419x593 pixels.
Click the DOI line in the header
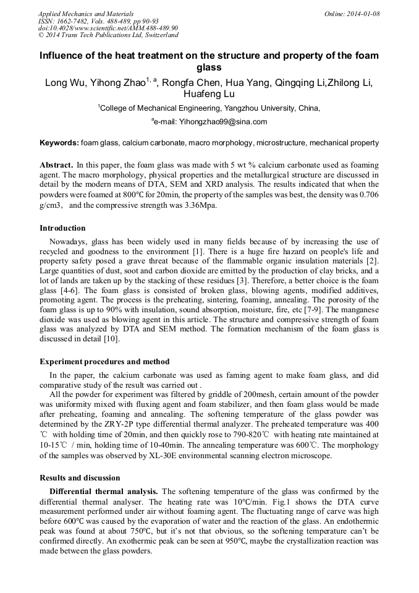108,28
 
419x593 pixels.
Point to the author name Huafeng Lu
209,95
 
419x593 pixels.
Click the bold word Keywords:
59,143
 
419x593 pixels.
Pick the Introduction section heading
62,228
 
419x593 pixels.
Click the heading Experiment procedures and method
104,361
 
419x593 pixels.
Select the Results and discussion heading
80,478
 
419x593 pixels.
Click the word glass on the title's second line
209,67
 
